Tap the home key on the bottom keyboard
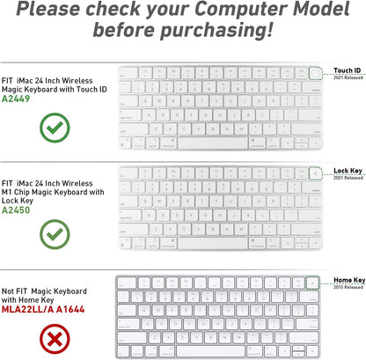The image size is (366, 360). [x=315, y=283]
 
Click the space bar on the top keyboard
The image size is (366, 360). [x=207, y=141]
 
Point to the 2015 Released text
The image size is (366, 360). [x=348, y=287]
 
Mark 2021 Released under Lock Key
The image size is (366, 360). [x=348, y=180]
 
